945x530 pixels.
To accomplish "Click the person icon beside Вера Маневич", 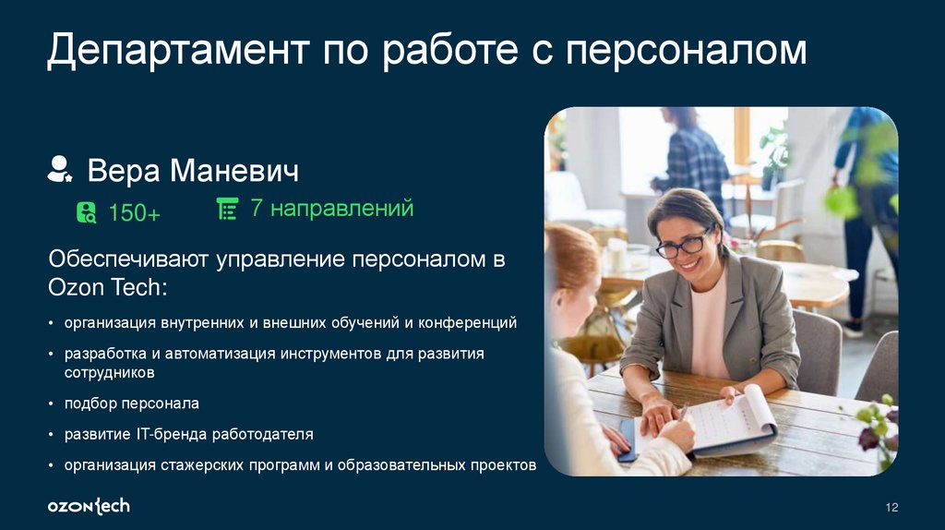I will click(x=61, y=169).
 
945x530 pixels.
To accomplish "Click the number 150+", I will click(x=134, y=213).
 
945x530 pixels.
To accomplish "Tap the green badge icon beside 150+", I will click(x=86, y=212).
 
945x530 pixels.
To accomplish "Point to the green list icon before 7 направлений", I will click(x=226, y=210).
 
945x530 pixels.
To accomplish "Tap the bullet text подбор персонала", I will click(x=131, y=404).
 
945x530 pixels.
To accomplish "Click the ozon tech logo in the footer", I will click(x=89, y=506).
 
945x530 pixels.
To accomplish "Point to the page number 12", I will click(x=891, y=507).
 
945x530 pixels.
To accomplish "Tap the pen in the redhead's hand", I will click(x=682, y=412).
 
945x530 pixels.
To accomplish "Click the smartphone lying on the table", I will click(x=628, y=440).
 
